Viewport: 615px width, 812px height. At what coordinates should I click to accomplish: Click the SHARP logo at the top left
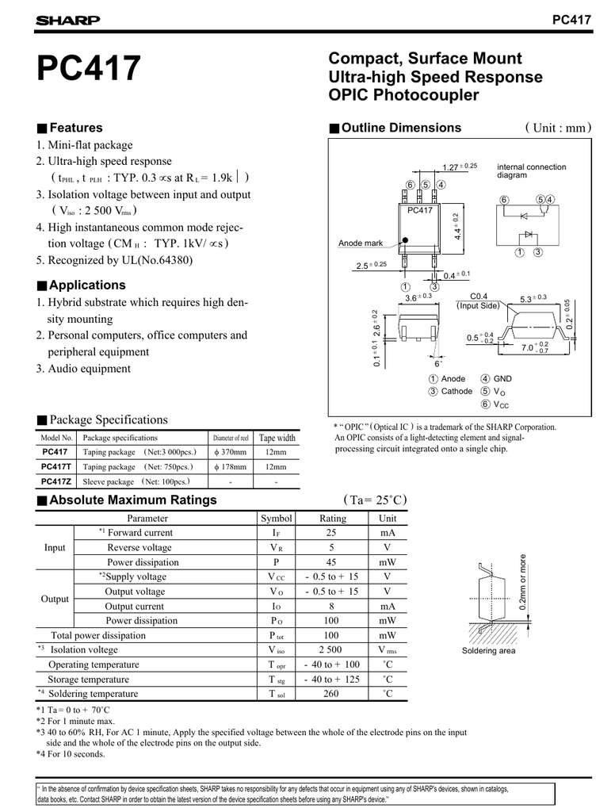pos(67,21)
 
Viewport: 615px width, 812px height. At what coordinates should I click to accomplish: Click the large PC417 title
pos(88,69)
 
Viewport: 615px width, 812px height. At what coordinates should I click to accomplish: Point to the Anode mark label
pos(361,243)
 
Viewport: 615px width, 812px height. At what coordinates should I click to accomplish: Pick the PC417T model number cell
pos(56,466)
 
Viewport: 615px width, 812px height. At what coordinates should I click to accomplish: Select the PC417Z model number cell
pos(56,481)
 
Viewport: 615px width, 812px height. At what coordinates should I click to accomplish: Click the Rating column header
pos(332,518)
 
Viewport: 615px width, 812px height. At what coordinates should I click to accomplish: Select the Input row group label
pos(55,548)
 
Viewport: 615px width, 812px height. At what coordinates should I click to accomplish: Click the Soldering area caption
pos(488,651)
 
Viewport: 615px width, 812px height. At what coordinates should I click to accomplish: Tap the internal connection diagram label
pos(531,170)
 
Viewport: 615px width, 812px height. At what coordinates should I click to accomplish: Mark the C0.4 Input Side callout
pos(479,300)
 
